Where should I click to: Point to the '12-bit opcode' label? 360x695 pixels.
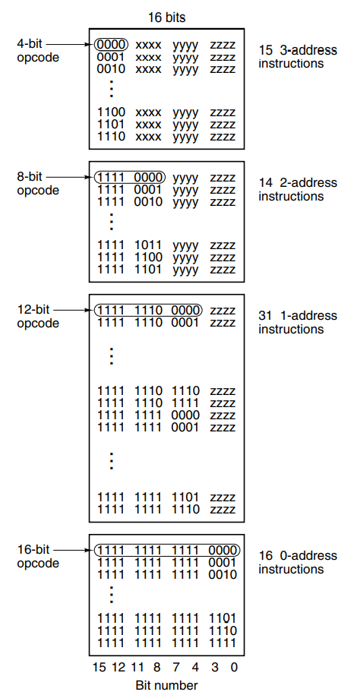point(38,316)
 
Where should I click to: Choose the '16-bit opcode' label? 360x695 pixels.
point(38,556)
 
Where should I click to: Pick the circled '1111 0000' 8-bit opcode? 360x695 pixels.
point(130,178)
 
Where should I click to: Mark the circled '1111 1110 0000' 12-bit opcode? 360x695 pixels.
point(148,310)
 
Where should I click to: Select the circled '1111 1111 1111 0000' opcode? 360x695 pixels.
point(167,550)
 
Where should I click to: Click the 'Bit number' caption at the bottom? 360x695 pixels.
point(166,685)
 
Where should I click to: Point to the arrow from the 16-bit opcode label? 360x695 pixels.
point(76,550)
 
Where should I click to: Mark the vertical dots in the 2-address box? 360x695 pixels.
point(112,222)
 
